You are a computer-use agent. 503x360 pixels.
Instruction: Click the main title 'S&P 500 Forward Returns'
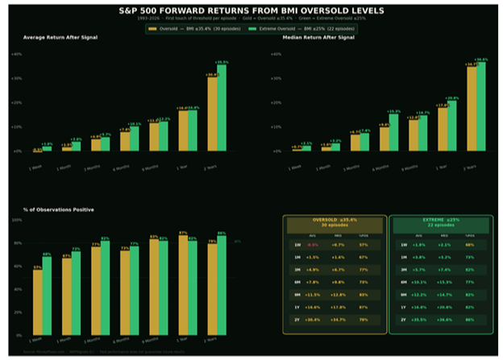pyautogui.click(x=251, y=10)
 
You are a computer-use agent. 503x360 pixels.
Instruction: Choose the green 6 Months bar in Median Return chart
pyautogui.click(x=394, y=132)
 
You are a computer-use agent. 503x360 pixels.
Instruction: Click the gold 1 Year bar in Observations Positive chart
pyautogui.click(x=183, y=285)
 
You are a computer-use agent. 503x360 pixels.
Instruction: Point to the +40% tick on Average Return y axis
pyautogui.click(x=16, y=54)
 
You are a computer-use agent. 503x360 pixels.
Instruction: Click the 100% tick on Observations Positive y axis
pyautogui.click(x=17, y=220)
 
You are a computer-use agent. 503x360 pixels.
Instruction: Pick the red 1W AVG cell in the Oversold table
pyautogui.click(x=313, y=244)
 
